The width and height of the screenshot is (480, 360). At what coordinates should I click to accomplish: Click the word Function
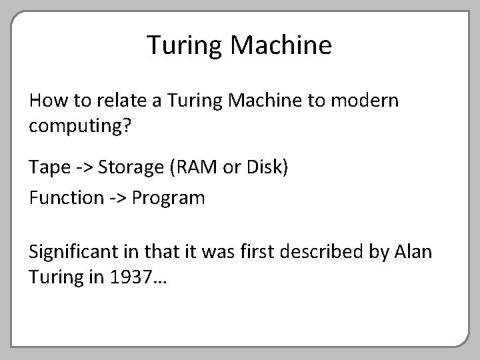click(62, 198)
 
